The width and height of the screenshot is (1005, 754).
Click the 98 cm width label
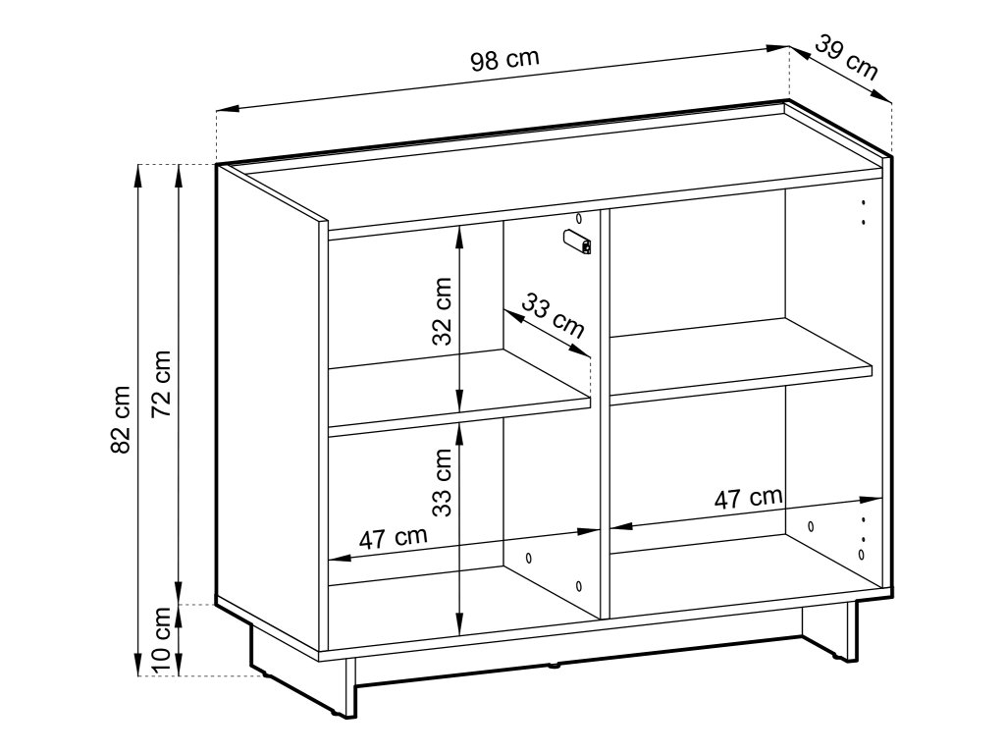click(505, 59)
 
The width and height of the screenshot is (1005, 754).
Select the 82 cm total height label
click(121, 419)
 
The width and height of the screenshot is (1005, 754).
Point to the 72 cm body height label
click(161, 384)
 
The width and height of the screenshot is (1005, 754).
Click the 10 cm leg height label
click(161, 639)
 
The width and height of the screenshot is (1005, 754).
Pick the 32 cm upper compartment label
click(442, 311)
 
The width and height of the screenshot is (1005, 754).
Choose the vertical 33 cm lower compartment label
click(442, 482)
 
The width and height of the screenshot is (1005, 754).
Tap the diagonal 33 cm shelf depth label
click(553, 315)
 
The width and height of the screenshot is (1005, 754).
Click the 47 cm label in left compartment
click(393, 538)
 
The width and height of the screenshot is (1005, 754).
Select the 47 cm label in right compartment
click(749, 498)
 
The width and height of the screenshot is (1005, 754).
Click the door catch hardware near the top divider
click(577, 242)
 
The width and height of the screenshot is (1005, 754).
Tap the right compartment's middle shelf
click(741, 360)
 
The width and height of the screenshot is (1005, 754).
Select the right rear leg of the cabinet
click(851, 631)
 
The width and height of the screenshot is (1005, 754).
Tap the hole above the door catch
click(579, 218)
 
